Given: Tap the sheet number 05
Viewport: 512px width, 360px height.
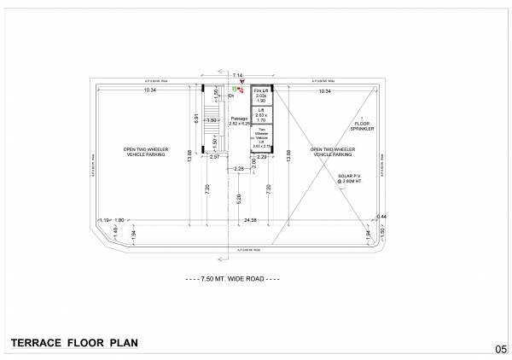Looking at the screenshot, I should [501, 348].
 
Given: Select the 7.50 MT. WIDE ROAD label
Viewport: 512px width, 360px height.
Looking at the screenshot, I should [234, 279].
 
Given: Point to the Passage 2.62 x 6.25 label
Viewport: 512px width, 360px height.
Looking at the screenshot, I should [239, 122].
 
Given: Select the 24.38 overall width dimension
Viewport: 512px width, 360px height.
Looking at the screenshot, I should [250, 221].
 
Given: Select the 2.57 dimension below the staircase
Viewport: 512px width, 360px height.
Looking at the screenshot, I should [215, 157].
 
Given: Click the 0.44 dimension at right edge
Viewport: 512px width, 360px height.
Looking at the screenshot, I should [383, 217].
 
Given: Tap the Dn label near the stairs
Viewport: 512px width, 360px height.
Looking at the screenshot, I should [231, 96].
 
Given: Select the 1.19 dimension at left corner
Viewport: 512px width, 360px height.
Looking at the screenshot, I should [105, 221].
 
